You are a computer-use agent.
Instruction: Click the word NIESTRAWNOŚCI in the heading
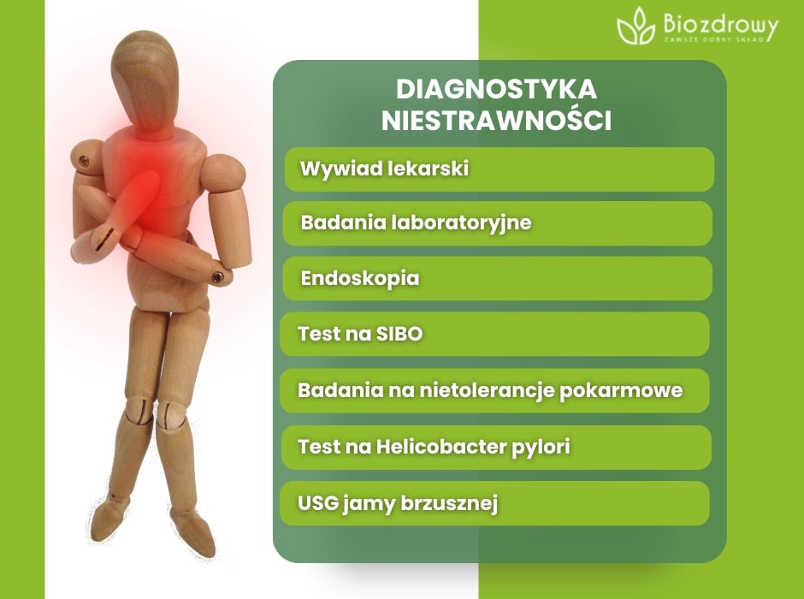[497, 121]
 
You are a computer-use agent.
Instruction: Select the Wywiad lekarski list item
[499, 169]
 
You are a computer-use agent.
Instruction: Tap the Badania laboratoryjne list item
[499, 223]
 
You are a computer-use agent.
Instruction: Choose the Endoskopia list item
[499, 279]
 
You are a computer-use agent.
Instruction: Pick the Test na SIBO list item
[494, 334]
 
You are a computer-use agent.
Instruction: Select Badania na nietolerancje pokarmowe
[494, 390]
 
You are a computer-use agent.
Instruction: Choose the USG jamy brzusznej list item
[494, 503]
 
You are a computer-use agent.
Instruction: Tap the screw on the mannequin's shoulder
[84, 159]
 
